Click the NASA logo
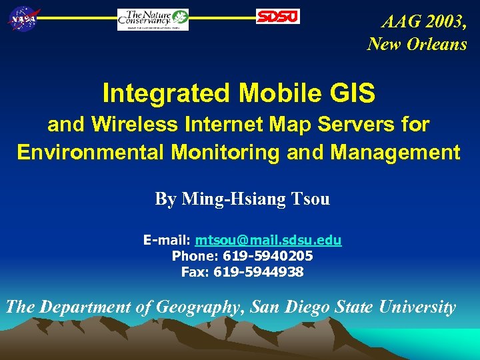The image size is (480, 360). click(23, 19)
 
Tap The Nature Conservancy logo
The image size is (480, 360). click(153, 19)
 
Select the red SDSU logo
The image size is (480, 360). click(278, 17)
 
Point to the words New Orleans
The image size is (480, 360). click(417, 44)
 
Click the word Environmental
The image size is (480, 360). click(91, 153)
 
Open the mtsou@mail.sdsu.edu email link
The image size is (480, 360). click(268, 240)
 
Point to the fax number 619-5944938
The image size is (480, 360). click(259, 271)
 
